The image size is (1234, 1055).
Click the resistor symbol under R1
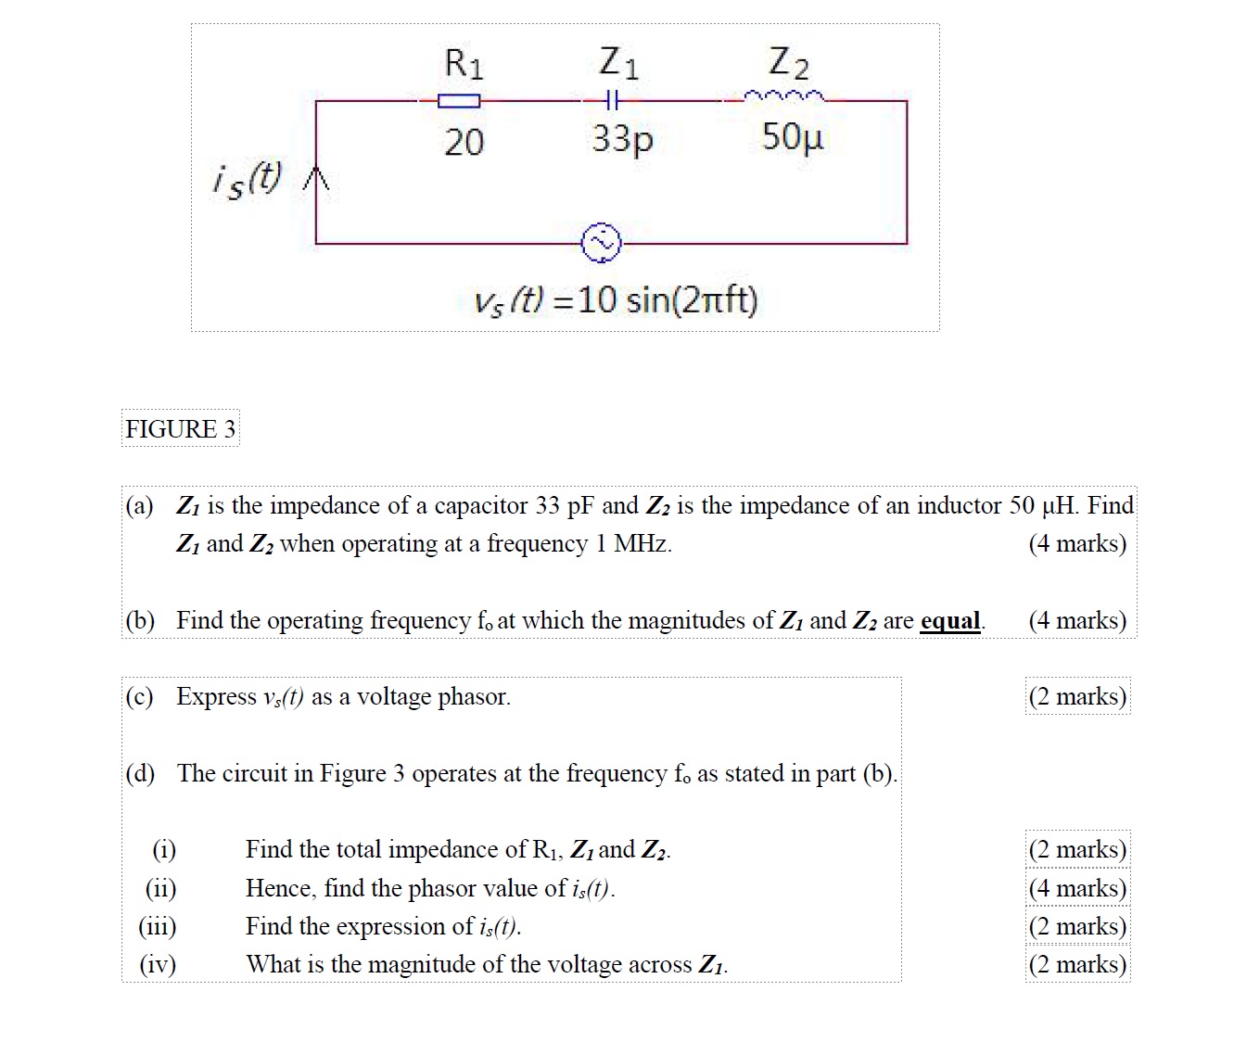[459, 100]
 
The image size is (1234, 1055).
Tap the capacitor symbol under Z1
[610, 99]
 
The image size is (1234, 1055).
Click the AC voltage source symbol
[601, 243]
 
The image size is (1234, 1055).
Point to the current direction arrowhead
[317, 178]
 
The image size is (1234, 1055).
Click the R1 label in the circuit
[464, 63]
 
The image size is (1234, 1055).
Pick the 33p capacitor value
[623, 139]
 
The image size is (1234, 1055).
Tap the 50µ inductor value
[792, 137]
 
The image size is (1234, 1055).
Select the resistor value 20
[464, 142]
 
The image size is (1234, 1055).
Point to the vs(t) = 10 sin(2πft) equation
[616, 300]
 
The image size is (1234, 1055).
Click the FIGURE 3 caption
[181, 428]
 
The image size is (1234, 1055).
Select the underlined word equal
[949, 620]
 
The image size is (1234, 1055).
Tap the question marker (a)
[139, 505]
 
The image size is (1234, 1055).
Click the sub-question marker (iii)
[158, 926]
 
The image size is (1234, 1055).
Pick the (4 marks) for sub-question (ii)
[1077, 888]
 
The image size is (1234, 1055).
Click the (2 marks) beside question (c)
[1077, 696]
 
